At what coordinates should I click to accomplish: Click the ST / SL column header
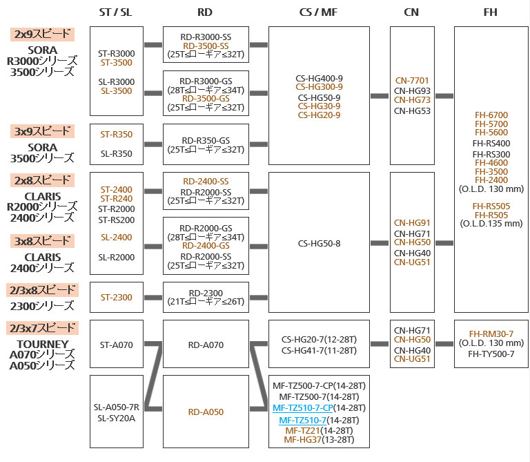117,12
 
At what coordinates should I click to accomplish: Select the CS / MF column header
319,12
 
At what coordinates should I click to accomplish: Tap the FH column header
490,12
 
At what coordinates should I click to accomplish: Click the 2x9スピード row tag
42,33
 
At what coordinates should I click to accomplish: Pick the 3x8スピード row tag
42,241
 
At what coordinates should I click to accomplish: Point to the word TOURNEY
42,344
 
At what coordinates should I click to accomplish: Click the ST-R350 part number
117,135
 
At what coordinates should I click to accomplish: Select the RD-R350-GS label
205,139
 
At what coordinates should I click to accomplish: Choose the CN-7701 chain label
413,81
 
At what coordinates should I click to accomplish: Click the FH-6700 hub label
490,115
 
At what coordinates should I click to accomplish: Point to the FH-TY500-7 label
491,354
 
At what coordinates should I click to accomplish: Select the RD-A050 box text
206,412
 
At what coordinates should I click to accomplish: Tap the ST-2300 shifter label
117,298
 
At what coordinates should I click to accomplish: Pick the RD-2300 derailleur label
205,293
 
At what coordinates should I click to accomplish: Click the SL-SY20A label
117,418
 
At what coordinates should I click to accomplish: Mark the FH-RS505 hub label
491,206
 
